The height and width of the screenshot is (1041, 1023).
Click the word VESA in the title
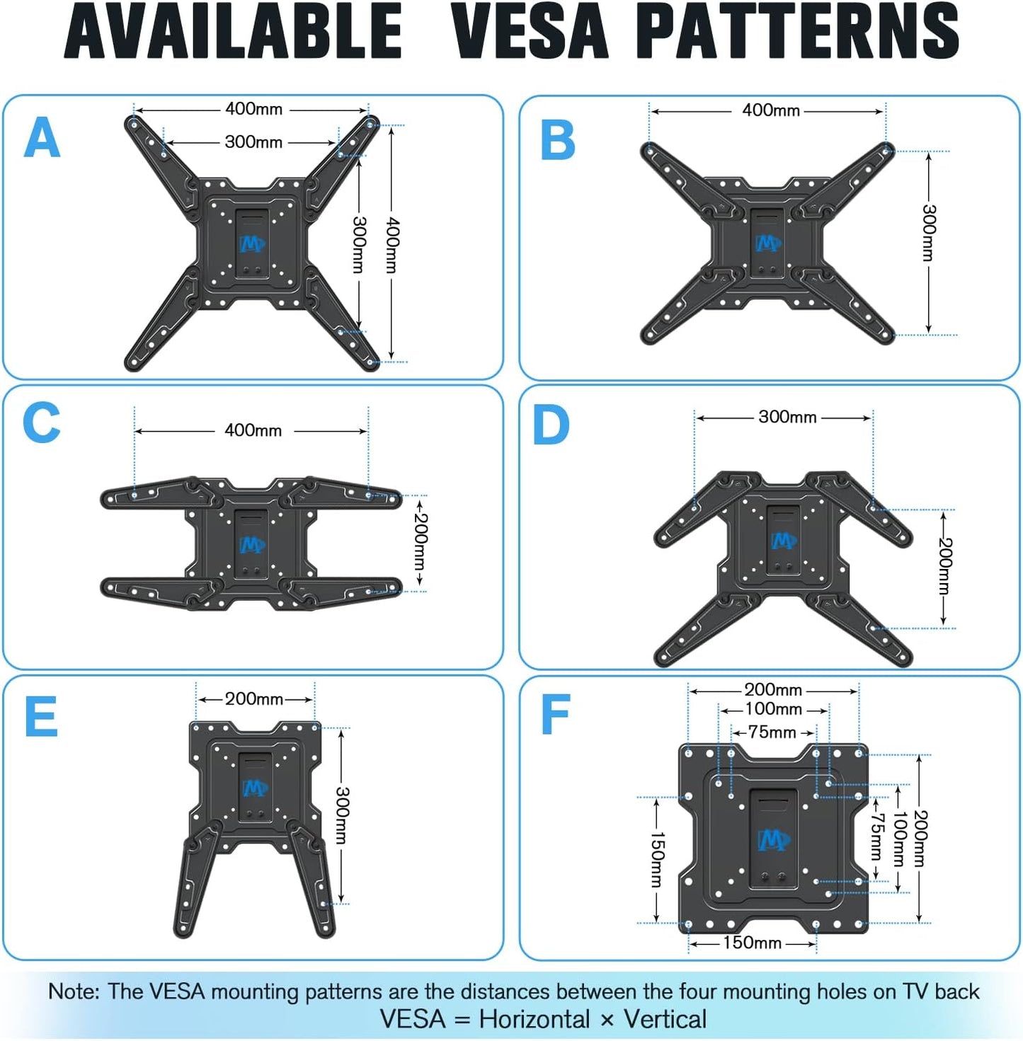coord(530,32)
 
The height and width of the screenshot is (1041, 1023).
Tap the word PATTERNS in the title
coord(797,32)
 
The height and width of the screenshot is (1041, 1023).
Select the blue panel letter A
coord(42,138)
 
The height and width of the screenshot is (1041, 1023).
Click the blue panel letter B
coord(558,140)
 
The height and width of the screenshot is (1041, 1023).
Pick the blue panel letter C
coord(41,423)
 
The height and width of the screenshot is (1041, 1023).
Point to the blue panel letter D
coord(551,425)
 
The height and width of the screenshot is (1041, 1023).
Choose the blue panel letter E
coord(41,717)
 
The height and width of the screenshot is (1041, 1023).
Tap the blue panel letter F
coord(555,715)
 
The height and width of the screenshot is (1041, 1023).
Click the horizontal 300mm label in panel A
coord(253,142)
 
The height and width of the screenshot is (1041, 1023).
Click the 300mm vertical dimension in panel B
coord(929,233)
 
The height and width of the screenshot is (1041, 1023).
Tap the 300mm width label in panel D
coord(787,417)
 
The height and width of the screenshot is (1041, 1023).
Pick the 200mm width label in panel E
coord(254,699)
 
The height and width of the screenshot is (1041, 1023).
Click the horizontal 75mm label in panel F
coord(772,732)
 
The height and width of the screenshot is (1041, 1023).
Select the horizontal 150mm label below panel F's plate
coord(752,943)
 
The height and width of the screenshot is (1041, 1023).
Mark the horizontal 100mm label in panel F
coord(773,709)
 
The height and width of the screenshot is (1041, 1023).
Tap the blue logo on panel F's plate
coord(773,841)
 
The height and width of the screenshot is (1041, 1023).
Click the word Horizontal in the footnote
coord(534,1019)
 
